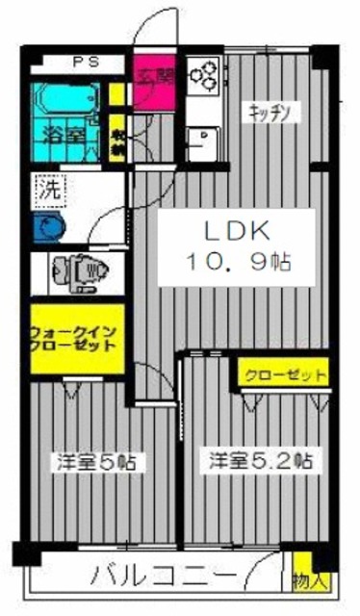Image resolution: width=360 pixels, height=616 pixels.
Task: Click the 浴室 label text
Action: pos(64,135)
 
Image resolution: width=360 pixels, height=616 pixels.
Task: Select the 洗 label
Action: pos(47,189)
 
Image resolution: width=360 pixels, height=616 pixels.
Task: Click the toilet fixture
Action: pos(83,269)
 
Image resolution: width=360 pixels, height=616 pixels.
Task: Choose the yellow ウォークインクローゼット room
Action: pos(75,338)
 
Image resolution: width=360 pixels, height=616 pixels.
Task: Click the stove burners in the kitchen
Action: pos(205,71)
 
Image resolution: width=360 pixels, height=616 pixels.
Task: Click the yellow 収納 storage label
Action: pos(116,141)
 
